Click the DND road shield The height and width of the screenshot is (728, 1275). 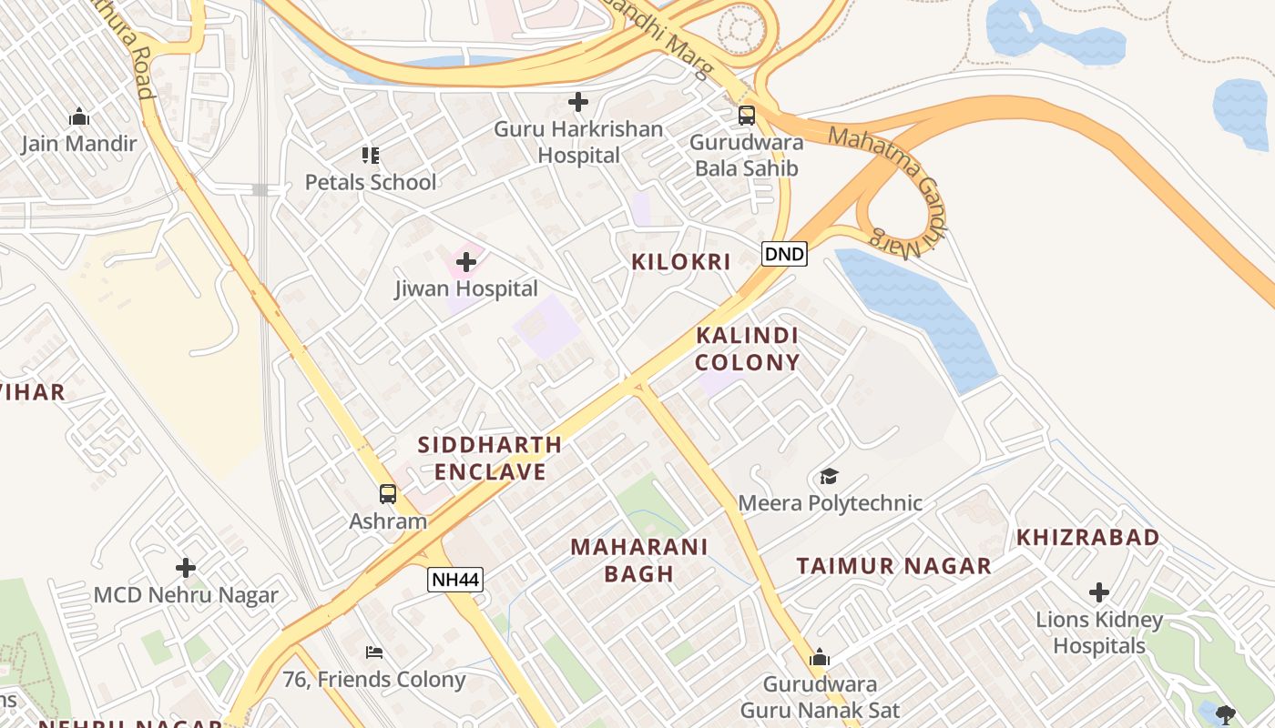click(784, 254)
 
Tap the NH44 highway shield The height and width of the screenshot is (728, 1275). click(454, 580)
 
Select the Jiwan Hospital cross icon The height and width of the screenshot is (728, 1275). click(465, 263)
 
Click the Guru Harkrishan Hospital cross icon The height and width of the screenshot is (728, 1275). click(577, 103)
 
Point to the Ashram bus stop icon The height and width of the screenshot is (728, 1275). click(388, 495)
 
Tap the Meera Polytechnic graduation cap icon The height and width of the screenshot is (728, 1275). click(829, 477)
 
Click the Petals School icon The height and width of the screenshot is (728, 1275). click(370, 156)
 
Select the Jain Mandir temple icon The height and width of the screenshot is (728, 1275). click(79, 117)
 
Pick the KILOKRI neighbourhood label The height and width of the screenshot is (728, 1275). click(681, 262)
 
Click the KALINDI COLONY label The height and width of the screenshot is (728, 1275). click(747, 349)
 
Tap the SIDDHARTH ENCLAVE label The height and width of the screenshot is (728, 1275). click(490, 459)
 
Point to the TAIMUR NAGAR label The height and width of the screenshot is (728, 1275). click(893, 566)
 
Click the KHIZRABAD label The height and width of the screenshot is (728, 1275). click(1087, 537)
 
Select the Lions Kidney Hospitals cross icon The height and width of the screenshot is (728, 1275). click(1099, 593)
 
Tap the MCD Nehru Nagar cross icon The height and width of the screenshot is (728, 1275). click(186, 569)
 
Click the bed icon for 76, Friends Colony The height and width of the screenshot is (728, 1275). click(373, 652)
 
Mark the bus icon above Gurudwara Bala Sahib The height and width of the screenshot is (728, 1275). click(747, 116)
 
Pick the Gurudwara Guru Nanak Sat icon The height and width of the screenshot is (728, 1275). click(820, 658)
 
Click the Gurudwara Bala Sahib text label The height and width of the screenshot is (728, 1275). click(747, 156)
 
